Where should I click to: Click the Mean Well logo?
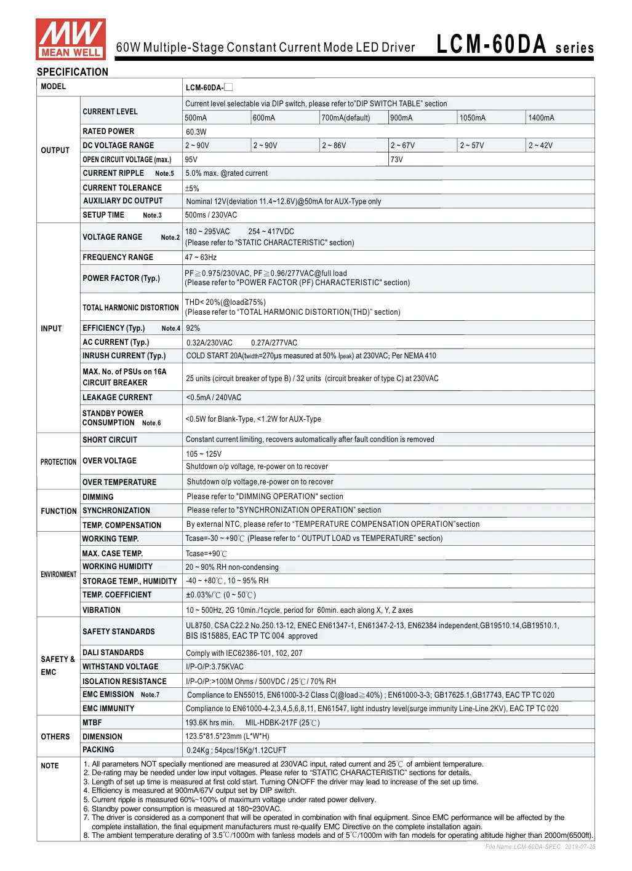[x=70, y=39]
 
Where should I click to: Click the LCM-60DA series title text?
[x=514, y=45]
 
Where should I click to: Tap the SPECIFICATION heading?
[x=72, y=72]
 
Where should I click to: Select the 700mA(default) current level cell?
[x=345, y=118]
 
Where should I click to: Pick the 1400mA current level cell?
[x=541, y=118]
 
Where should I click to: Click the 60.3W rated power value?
[x=196, y=132]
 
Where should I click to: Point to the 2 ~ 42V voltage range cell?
[x=540, y=146]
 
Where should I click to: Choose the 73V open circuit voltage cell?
[x=397, y=160]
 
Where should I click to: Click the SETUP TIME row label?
[x=103, y=215]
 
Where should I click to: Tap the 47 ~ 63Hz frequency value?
[x=201, y=258]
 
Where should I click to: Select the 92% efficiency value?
[x=193, y=328]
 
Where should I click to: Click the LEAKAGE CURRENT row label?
[x=118, y=398]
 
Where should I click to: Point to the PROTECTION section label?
[x=58, y=462]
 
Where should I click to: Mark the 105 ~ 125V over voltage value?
[x=204, y=454]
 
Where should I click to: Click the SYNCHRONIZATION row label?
[x=116, y=511]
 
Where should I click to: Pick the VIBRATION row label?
[x=102, y=610]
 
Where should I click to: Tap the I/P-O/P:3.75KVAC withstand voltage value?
[x=215, y=667]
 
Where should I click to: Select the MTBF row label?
[x=92, y=723]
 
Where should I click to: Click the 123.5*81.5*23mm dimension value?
[x=227, y=736]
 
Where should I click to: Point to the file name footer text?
[x=540, y=847]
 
